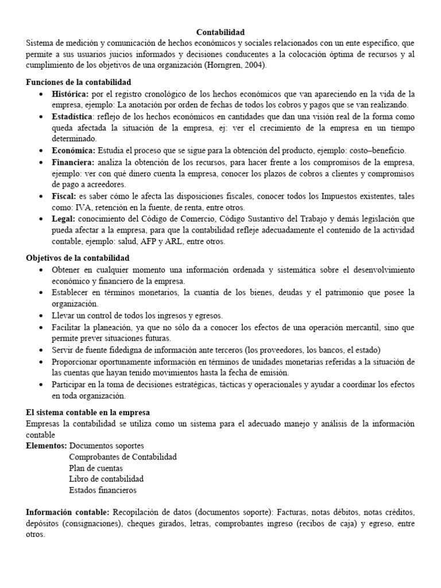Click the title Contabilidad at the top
[x=220, y=33]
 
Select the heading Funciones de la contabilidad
[x=79, y=82]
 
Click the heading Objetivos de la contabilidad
[x=78, y=258]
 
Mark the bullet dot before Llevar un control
[x=40, y=316]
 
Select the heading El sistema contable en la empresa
[x=88, y=412]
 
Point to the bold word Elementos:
[x=47, y=446]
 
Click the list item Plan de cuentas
[x=96, y=468]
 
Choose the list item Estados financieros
[x=103, y=490]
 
